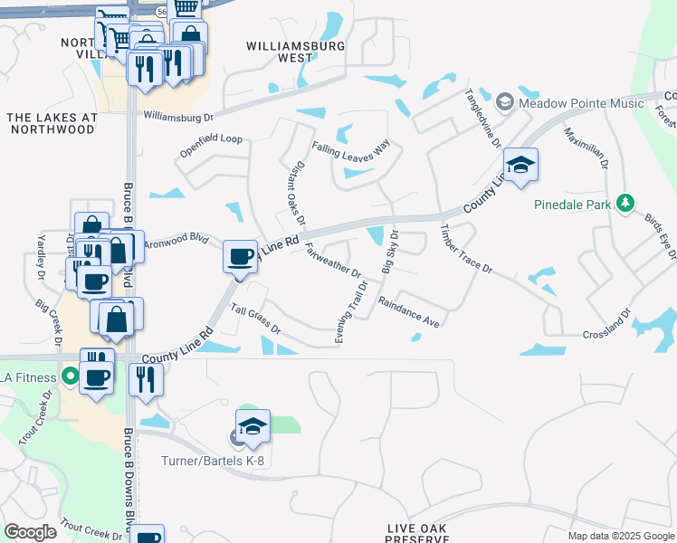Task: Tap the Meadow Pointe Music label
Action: tap(582, 102)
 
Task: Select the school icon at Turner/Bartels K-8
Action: tap(253, 426)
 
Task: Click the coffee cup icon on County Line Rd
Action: tap(240, 257)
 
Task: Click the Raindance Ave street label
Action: tap(408, 312)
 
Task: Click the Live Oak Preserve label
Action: tap(418, 533)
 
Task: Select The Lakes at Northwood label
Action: tap(51, 123)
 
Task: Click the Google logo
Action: tap(30, 531)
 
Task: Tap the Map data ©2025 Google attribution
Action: tap(620, 536)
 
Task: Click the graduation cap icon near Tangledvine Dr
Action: tap(520, 166)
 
